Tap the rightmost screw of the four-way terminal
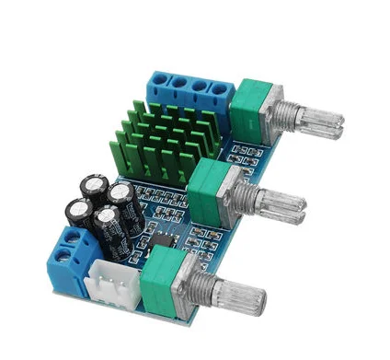pyautogui.click(x=220, y=90)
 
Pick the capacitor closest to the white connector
pyautogui.click(x=109, y=228)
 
